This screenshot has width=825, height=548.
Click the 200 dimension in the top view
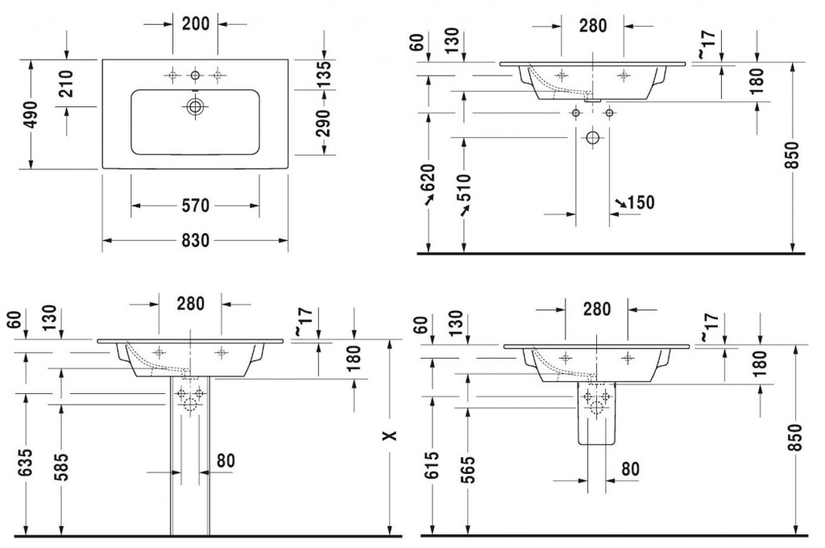(x=195, y=23)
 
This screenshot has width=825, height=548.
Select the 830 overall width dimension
(x=194, y=240)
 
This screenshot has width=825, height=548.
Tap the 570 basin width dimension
(x=194, y=207)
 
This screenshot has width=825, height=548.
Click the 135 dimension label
(x=324, y=74)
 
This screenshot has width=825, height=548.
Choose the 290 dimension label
(x=324, y=123)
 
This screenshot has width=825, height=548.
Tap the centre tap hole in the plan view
(x=194, y=75)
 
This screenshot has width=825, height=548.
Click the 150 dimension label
(x=640, y=202)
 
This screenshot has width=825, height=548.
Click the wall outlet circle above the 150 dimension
(x=592, y=137)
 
